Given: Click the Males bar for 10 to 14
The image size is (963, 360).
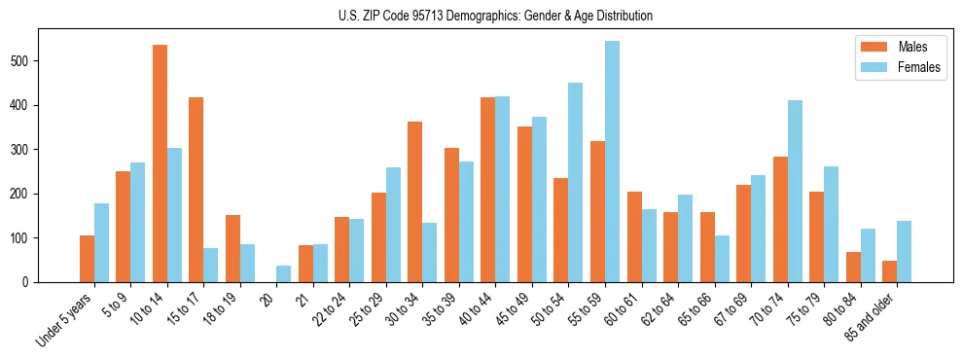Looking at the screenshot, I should [160, 163].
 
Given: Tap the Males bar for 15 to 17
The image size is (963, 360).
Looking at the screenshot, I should [196, 190].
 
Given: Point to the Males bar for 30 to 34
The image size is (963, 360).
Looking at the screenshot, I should [415, 201].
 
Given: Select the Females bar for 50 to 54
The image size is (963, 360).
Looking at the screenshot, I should [576, 182].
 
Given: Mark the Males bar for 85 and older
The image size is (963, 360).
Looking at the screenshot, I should [889, 271].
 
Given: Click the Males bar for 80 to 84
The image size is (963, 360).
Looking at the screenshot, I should [853, 267].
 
